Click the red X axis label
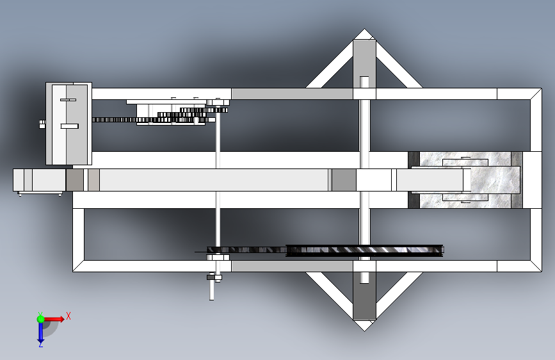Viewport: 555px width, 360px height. (68, 316)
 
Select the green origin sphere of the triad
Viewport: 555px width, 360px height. (41, 319)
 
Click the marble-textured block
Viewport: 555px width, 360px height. (465, 180)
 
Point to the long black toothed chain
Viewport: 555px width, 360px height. (325, 250)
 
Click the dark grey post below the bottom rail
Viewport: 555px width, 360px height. (364, 296)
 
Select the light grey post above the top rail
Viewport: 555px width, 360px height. (364, 64)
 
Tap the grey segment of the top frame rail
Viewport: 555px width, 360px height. (292, 94)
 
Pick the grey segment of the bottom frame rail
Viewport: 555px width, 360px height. (292, 266)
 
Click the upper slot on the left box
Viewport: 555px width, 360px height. (68, 100)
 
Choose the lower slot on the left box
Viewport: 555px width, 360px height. (69, 126)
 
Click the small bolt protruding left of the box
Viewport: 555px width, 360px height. (42, 124)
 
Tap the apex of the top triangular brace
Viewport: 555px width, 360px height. (364, 29)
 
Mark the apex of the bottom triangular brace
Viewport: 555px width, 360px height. (364, 331)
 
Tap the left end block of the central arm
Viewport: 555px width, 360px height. (39, 180)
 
